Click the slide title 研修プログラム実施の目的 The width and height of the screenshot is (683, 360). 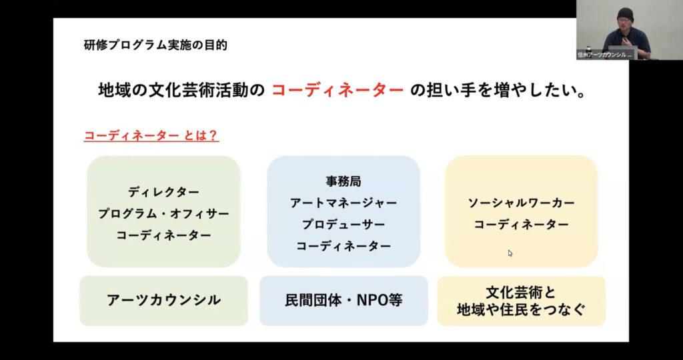click(x=155, y=45)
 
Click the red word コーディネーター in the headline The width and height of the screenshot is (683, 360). click(x=337, y=91)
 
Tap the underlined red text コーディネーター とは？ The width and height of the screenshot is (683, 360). click(x=151, y=135)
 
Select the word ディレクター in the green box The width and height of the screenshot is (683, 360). click(x=163, y=191)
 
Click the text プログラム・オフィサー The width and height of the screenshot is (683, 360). click(x=163, y=214)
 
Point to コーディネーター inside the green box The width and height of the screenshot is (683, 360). click(x=163, y=235)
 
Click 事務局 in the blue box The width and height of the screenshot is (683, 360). click(x=344, y=181)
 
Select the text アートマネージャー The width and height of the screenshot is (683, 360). click(x=344, y=203)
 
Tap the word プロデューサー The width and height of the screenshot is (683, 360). click(x=344, y=225)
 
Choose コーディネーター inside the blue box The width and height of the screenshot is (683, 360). click(x=344, y=247)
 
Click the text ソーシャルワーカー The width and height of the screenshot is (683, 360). click(x=521, y=203)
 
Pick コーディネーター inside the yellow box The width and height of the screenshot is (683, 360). click(x=521, y=225)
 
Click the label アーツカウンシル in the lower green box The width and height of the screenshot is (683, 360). click(x=163, y=300)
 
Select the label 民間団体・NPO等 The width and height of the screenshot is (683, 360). click(x=344, y=300)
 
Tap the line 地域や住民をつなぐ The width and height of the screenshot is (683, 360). click(x=521, y=309)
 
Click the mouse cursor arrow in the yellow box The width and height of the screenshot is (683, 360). click(x=510, y=253)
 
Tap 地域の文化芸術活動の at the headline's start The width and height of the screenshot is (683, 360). click(x=181, y=91)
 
